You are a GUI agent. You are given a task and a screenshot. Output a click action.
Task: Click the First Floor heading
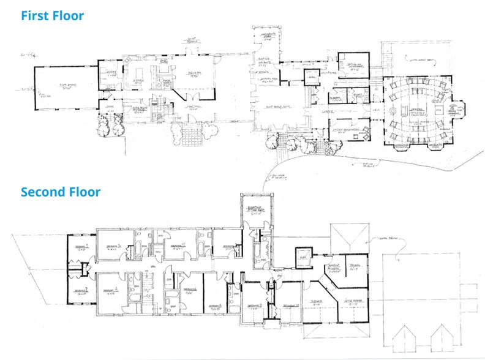[x=52, y=15]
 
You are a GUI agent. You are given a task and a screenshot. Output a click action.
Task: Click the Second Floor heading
[x=61, y=192]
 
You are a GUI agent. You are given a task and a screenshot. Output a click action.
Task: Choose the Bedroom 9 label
[x=255, y=304]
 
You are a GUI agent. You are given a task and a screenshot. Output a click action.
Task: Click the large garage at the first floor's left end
[x=66, y=88]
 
